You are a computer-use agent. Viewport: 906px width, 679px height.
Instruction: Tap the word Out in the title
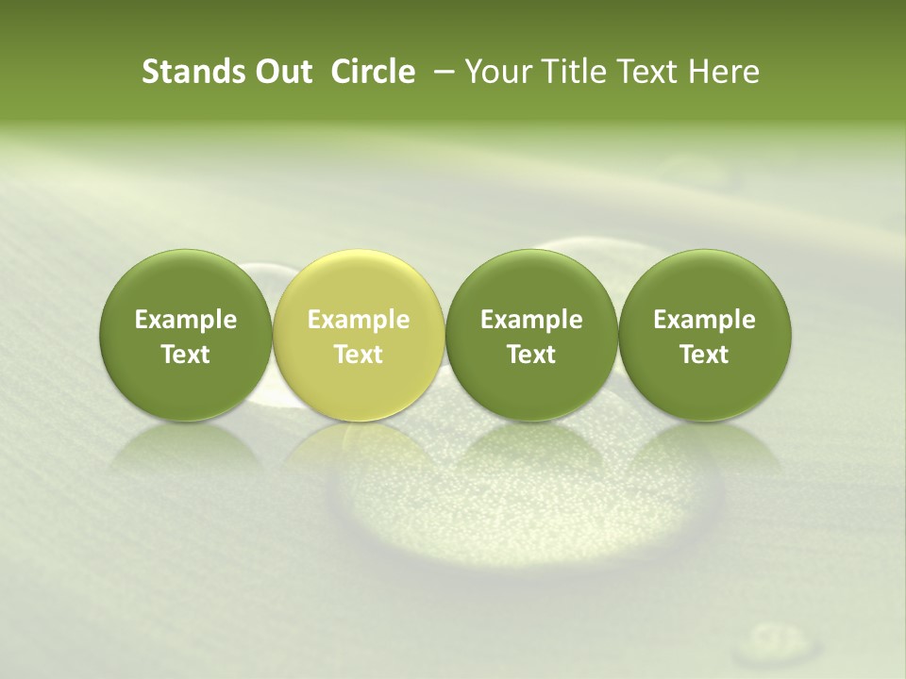tap(281, 72)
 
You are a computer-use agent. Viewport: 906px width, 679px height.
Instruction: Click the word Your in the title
tap(497, 72)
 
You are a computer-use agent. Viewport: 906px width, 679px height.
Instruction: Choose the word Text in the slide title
tap(645, 72)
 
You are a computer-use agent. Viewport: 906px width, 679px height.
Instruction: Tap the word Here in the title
tap(724, 72)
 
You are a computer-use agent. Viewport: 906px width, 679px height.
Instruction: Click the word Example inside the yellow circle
tap(359, 320)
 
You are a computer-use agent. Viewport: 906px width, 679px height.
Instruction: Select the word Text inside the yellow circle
tap(359, 355)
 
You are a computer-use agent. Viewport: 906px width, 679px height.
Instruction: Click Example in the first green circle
tap(186, 320)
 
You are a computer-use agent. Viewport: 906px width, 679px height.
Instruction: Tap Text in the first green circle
tap(186, 355)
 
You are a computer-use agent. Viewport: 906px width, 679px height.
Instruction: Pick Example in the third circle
tap(531, 320)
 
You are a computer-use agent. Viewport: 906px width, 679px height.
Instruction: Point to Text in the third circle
tap(531, 355)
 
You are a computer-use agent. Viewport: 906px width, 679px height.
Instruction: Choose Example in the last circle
tap(704, 320)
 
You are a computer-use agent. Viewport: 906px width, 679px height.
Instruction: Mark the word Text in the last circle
tap(704, 355)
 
